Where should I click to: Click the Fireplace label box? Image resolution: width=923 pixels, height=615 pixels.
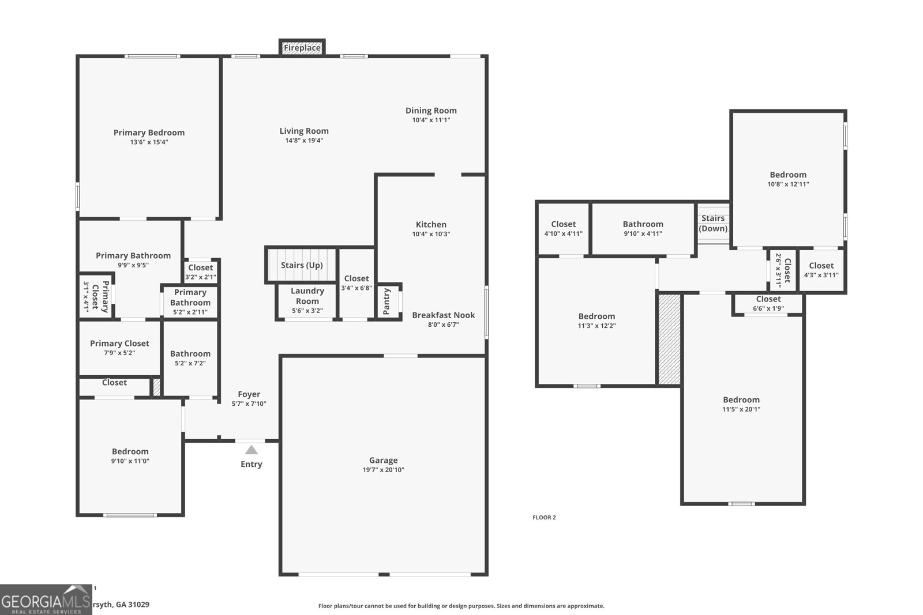[302, 48]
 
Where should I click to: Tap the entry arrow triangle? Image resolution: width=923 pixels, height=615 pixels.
[252, 450]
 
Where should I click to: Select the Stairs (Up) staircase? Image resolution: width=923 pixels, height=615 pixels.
[301, 265]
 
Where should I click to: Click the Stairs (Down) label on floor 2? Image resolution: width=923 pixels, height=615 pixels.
[713, 223]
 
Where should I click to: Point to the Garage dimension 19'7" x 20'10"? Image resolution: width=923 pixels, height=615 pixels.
[384, 470]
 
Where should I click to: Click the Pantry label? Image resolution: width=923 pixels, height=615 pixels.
[387, 301]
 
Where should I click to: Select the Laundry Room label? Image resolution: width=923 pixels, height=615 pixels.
[307, 296]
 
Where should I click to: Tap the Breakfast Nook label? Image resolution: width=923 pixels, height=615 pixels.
[443, 315]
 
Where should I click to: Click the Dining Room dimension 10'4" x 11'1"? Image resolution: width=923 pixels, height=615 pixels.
[431, 120]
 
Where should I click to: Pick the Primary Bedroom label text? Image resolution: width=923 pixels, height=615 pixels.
[149, 133]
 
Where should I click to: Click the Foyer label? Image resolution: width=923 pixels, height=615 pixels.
[249, 394]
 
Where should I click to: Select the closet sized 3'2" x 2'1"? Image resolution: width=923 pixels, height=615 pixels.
[200, 271]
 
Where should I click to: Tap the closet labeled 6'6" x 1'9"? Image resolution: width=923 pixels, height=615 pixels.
[768, 303]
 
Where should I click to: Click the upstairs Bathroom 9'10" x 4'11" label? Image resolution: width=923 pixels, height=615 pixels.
[643, 224]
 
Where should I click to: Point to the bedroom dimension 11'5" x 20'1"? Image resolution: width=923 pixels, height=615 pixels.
[741, 409]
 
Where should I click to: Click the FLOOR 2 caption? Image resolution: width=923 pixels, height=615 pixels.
[544, 517]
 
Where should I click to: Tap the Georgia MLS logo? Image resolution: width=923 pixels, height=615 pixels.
[46, 599]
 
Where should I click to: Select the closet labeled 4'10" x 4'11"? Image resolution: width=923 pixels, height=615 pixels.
[563, 228]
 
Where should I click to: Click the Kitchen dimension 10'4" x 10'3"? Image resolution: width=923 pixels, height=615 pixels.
[431, 234]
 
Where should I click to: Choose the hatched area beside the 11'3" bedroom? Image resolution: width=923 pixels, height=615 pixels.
[669, 339]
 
